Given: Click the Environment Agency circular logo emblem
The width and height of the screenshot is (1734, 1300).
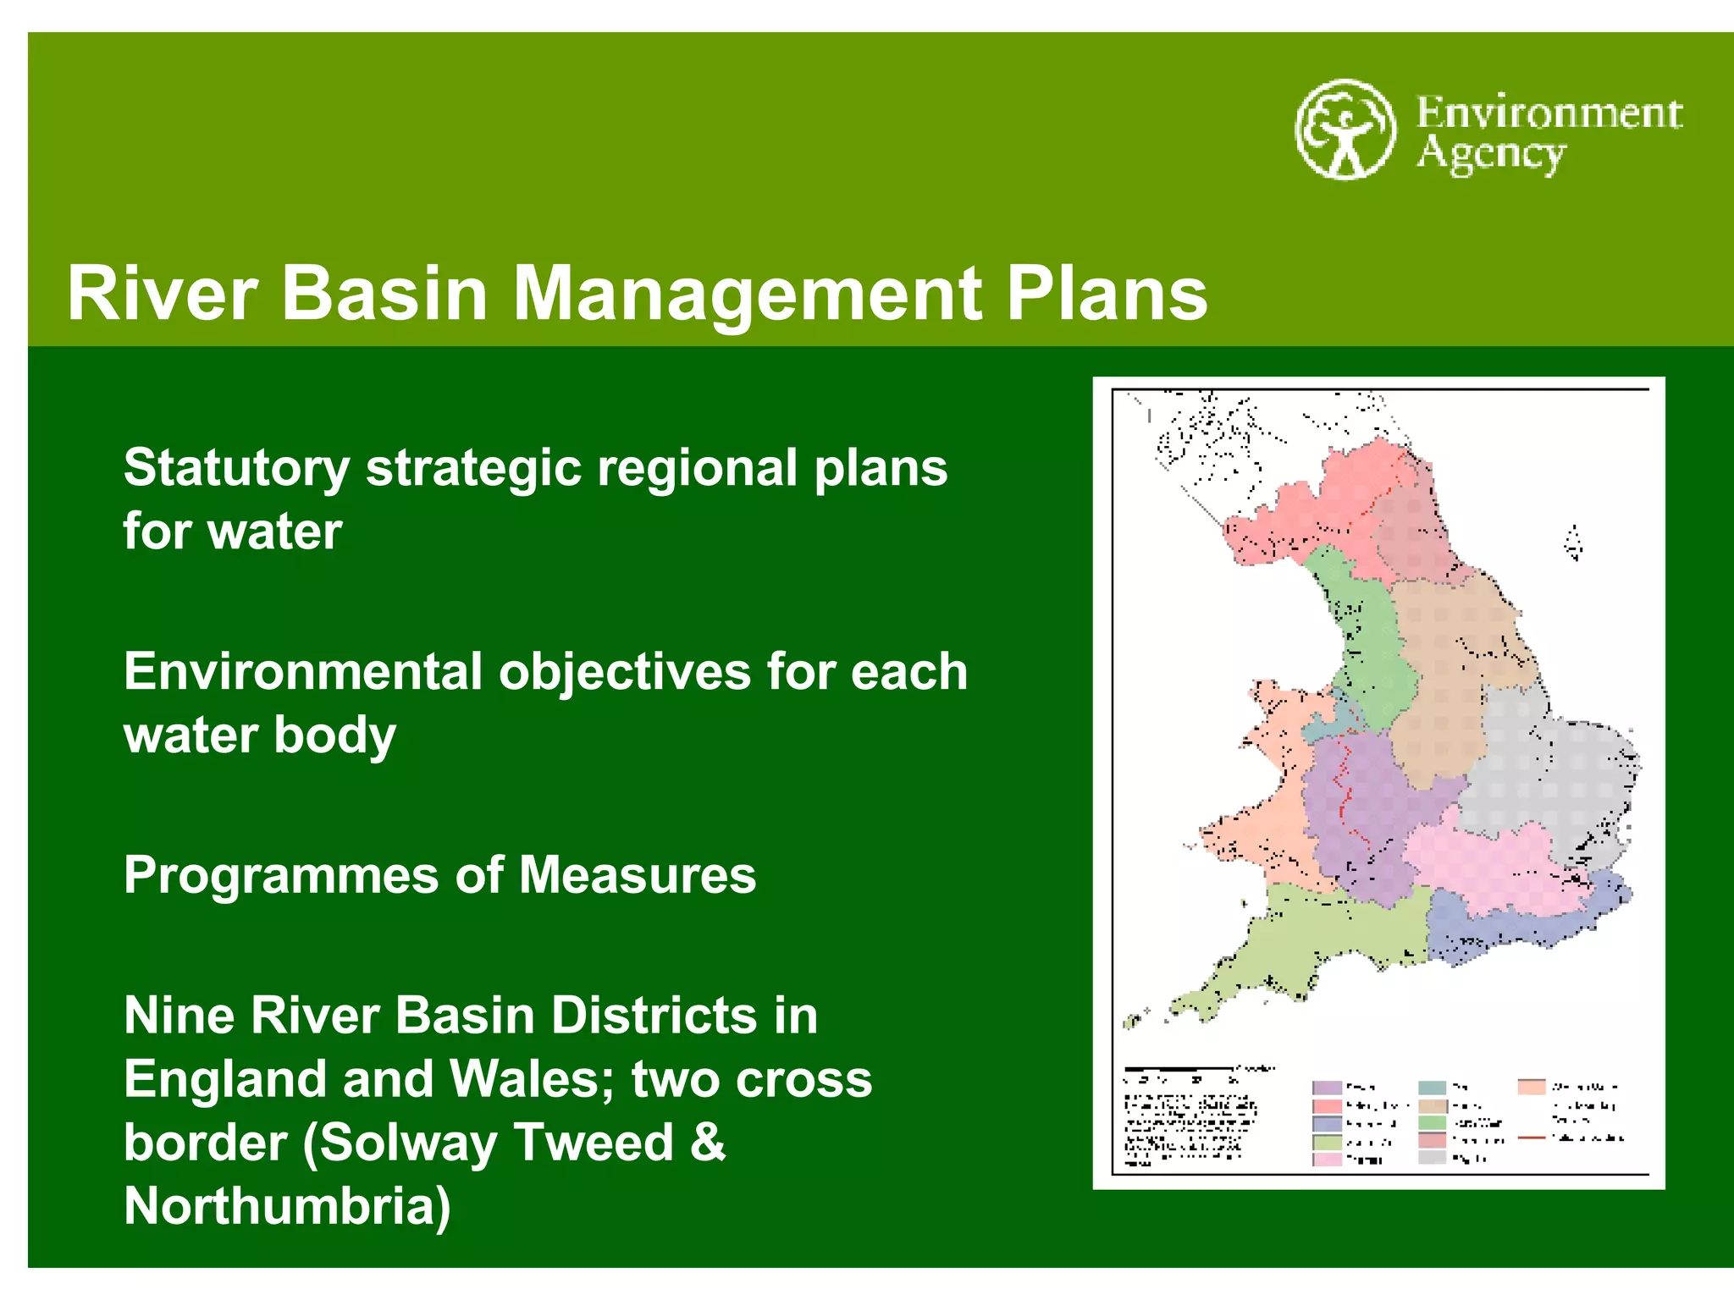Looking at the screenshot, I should [x=1345, y=129].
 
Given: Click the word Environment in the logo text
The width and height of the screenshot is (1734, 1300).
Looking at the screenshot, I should [x=1549, y=113].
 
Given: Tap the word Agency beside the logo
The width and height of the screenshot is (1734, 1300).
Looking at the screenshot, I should [x=1491, y=155].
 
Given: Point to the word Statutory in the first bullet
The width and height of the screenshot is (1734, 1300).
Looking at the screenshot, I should [x=236, y=468].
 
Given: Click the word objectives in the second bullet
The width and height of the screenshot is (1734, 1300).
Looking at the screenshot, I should [x=624, y=672].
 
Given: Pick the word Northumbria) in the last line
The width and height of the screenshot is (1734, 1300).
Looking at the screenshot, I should [x=287, y=1205].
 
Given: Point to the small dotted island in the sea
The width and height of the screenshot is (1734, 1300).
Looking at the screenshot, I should [x=1573, y=543].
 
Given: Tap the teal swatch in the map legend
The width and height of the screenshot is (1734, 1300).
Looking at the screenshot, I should [x=1433, y=1088].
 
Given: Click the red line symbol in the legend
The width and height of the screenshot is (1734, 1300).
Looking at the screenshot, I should [x=1532, y=1138].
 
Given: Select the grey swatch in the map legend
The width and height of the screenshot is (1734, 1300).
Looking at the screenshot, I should [x=1433, y=1158].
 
